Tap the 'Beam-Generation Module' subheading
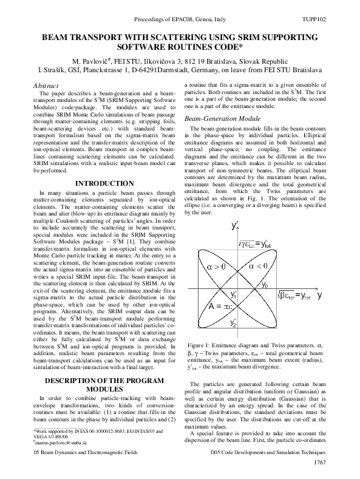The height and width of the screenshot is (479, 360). [219, 119]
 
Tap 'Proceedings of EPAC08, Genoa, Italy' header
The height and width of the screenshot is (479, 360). [180, 21]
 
